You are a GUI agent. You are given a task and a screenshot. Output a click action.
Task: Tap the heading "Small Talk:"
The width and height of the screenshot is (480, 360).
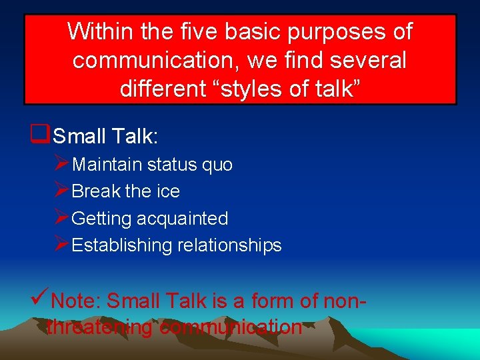click(105, 137)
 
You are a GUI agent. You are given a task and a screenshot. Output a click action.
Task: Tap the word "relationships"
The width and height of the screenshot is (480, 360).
click(229, 245)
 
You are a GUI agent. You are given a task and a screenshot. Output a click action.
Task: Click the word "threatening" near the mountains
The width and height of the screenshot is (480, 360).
click(100, 327)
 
